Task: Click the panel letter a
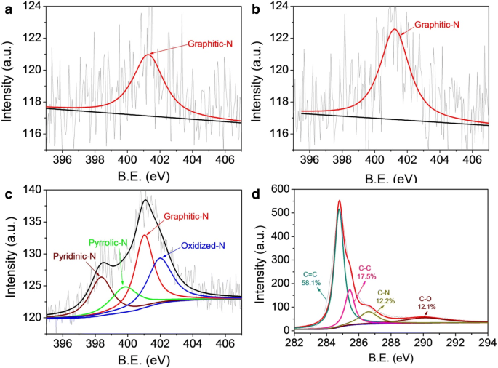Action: (6, 9)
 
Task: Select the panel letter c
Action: (6, 193)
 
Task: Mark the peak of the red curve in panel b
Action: (395, 29)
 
